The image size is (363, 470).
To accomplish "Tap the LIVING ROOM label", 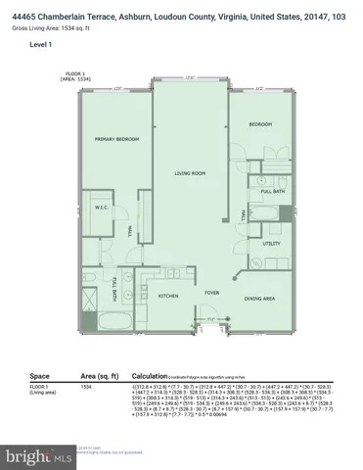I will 190,174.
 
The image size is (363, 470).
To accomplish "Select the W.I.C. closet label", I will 101,207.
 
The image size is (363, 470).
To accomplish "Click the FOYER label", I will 210,291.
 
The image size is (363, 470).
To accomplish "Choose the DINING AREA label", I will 259,298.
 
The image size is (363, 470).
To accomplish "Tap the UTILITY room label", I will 271,244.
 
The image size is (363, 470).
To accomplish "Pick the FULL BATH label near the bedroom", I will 272,191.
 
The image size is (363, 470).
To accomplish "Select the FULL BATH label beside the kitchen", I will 115,288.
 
